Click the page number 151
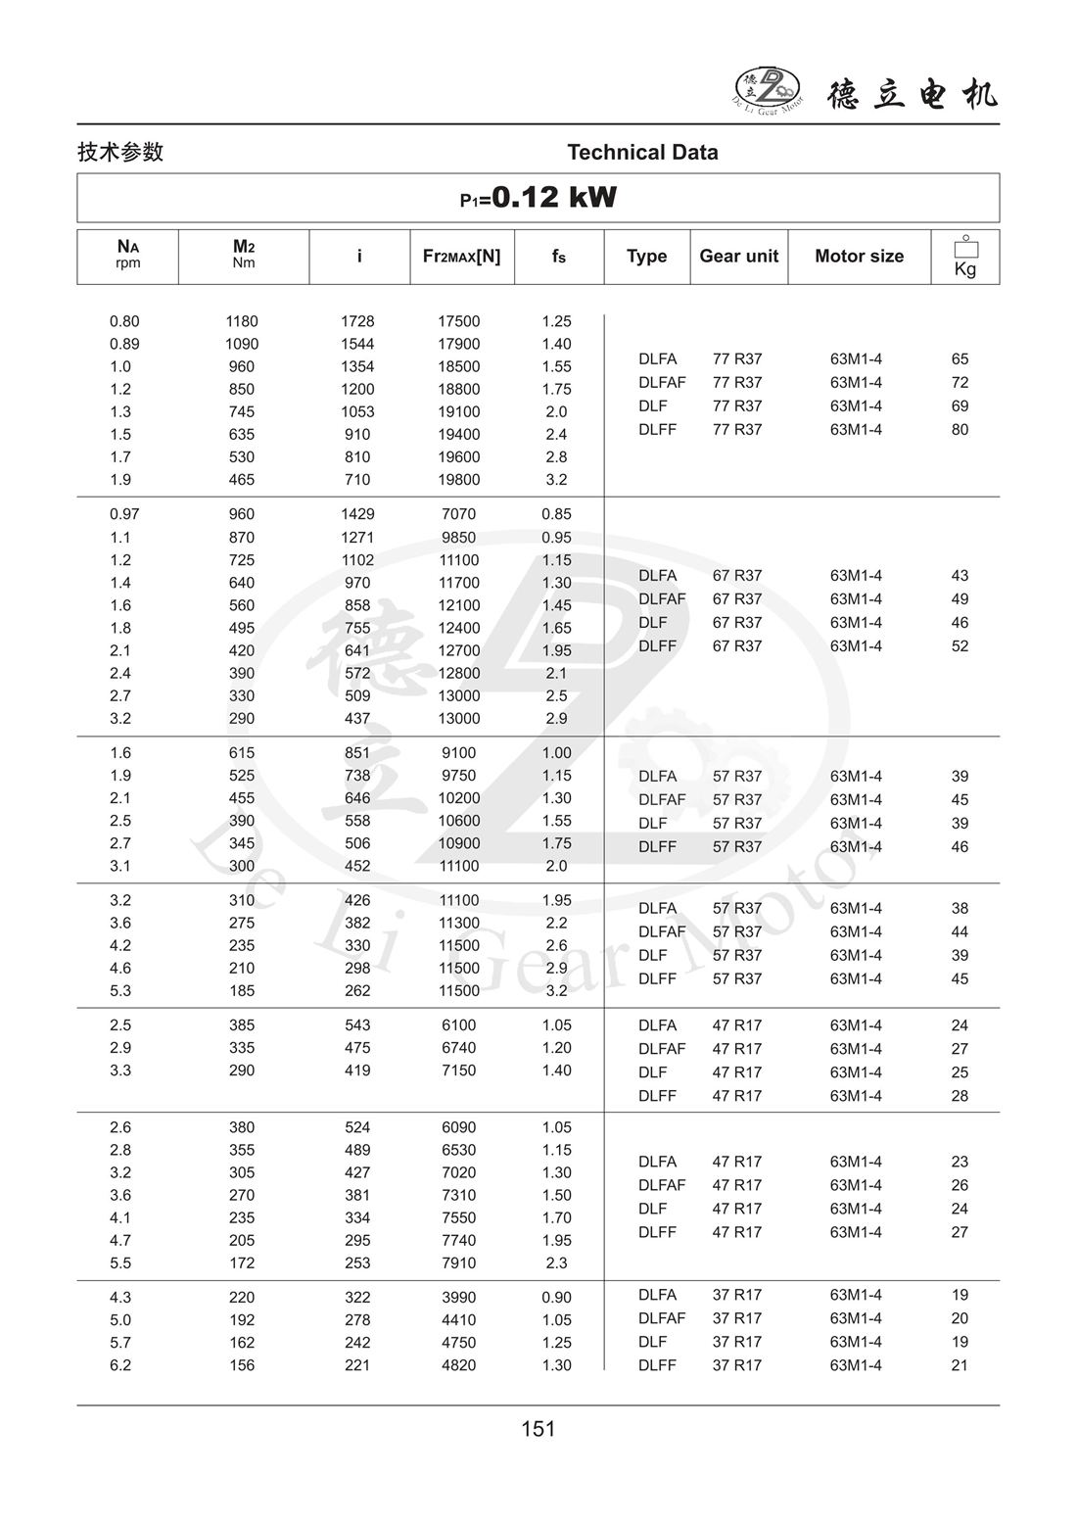click(538, 1429)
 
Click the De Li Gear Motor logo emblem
click(767, 91)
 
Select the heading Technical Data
click(642, 153)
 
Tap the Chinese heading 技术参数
click(120, 152)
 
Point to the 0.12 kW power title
click(538, 198)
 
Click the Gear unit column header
click(738, 257)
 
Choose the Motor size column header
click(859, 257)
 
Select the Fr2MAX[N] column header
click(461, 257)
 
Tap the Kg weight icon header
click(965, 257)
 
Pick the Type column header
click(646, 257)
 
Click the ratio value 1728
click(357, 321)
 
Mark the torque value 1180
click(242, 321)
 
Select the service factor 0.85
click(556, 514)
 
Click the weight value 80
click(960, 430)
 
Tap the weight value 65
click(960, 359)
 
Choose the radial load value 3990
click(458, 1298)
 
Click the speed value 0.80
click(124, 321)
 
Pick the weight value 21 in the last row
click(960, 1365)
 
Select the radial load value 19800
click(458, 480)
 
